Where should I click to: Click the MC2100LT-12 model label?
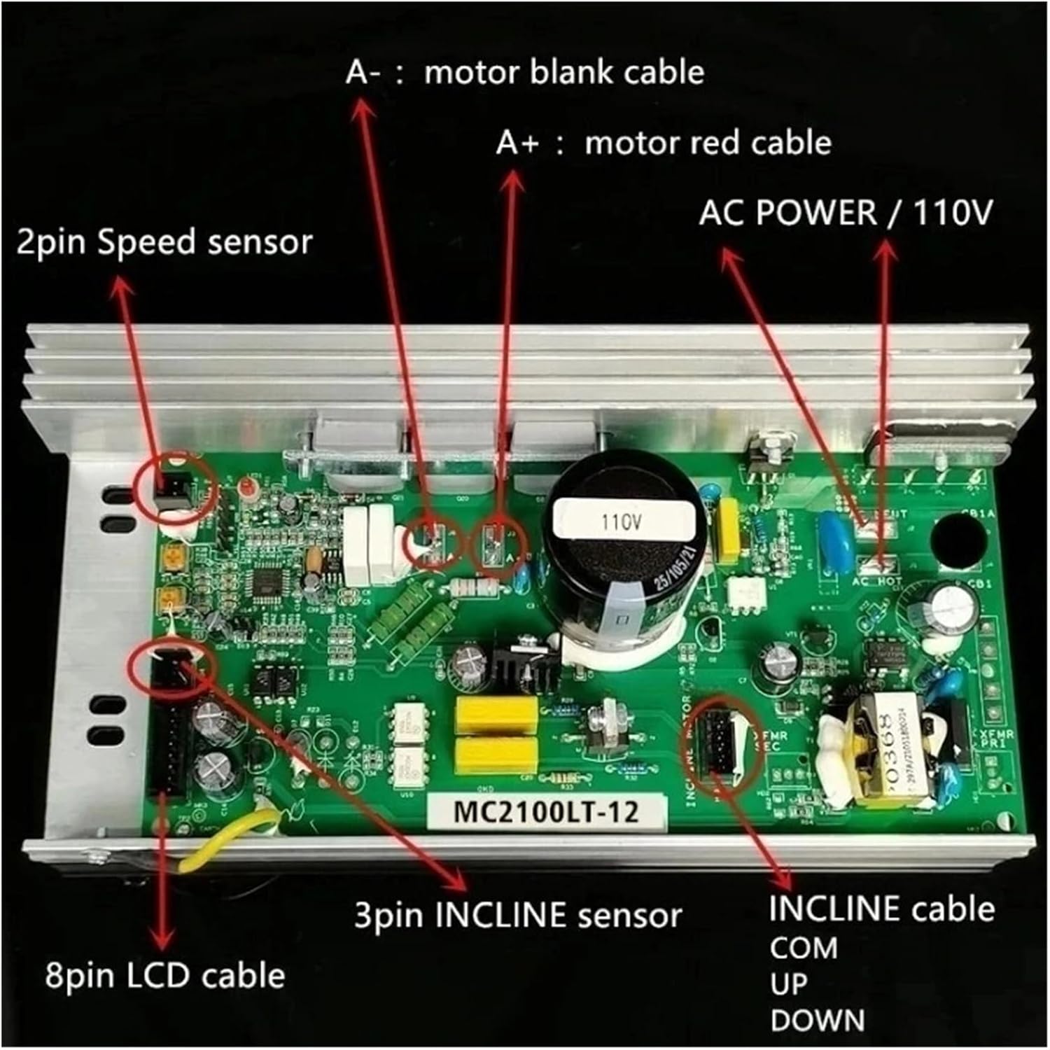[x=545, y=812]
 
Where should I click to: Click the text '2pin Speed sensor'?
[x=164, y=242]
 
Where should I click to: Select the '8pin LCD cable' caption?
[x=165, y=975]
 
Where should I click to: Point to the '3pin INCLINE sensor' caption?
[x=518, y=916]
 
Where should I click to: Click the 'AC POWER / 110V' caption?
[x=846, y=212]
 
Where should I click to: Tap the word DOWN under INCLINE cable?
[x=818, y=1020]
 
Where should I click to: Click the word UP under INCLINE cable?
[x=788, y=984]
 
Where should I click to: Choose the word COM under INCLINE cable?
[x=804, y=948]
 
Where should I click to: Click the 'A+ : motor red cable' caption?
[x=664, y=143]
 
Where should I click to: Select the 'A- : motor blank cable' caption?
[x=525, y=72]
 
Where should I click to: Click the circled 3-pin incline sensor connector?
[x=172, y=666]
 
